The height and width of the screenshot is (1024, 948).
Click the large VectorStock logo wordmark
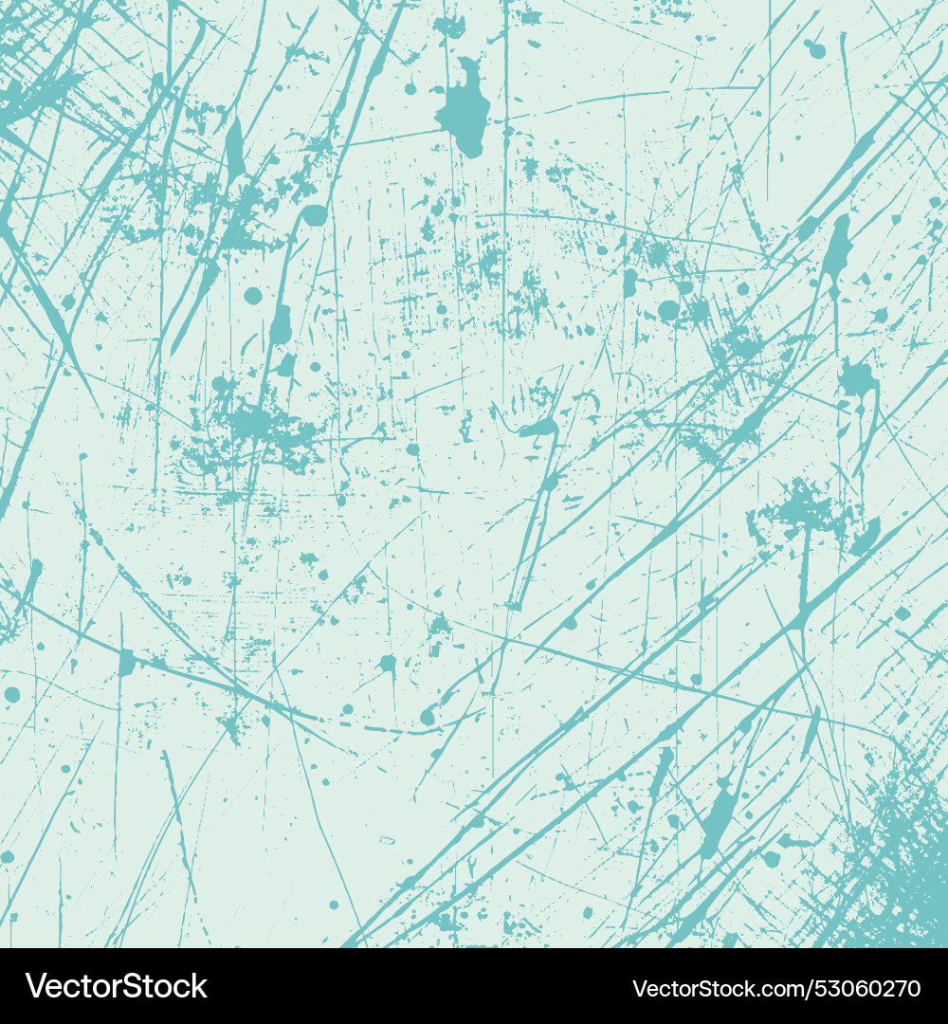coord(117,986)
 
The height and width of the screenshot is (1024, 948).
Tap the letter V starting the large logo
coord(36,986)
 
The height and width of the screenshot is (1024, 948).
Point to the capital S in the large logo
coord(125,986)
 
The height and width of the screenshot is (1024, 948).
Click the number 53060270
coord(868,988)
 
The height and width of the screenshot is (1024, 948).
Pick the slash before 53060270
coord(811,988)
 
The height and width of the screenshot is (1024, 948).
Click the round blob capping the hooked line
coord(314,216)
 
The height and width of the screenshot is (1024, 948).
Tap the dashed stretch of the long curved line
coord(398,730)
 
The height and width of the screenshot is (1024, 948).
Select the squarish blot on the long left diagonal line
coord(126,663)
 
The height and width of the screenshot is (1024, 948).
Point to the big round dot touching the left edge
coord(11,695)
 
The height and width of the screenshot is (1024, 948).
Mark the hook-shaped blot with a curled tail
coord(538,430)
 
